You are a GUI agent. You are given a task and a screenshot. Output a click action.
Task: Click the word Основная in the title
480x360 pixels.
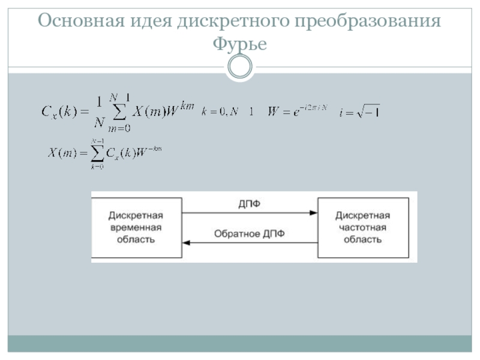click(x=77, y=22)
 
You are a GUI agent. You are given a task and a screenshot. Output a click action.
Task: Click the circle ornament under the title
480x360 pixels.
click(x=240, y=67)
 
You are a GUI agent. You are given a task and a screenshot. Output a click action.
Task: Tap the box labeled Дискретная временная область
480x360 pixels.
click(x=136, y=227)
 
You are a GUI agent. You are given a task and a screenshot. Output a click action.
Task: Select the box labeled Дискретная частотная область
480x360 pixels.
click(x=362, y=227)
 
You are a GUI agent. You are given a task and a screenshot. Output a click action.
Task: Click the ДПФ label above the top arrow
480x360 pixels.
click(x=250, y=205)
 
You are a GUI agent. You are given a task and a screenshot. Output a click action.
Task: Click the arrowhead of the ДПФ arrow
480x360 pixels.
click(x=313, y=213)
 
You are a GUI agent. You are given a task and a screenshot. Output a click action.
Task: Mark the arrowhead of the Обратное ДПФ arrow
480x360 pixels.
click(x=187, y=242)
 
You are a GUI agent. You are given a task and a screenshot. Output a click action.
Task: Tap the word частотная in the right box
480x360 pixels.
click(x=362, y=228)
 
